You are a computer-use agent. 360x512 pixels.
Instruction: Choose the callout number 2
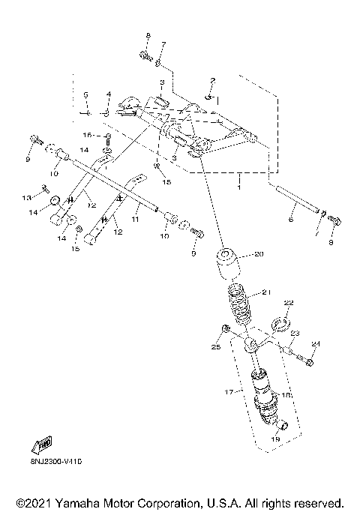pyautogui.click(x=213, y=80)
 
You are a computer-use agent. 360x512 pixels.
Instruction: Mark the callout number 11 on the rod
pyautogui.click(x=136, y=222)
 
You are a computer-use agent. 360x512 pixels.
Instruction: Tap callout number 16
pyautogui.click(x=86, y=135)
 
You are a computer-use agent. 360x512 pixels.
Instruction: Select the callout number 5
pyautogui.click(x=86, y=95)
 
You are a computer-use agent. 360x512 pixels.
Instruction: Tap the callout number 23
pyautogui.click(x=295, y=334)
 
